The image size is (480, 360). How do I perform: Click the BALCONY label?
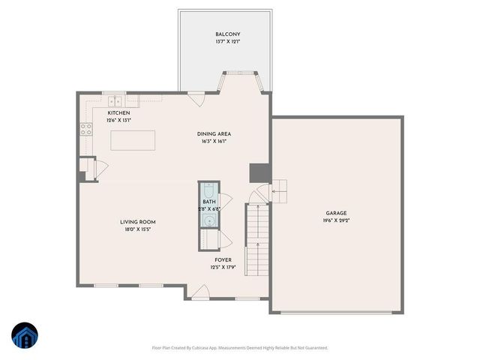click(x=229, y=34)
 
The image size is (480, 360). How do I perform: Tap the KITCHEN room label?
click(x=97, y=112)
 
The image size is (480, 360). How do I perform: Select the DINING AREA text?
click(x=214, y=133)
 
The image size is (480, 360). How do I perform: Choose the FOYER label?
click(x=223, y=259)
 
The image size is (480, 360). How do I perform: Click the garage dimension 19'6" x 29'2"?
click(x=336, y=220)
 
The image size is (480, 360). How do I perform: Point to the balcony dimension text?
click(x=229, y=43)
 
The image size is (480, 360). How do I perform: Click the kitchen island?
click(x=133, y=140)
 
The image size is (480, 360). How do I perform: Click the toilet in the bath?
click(x=208, y=190)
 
